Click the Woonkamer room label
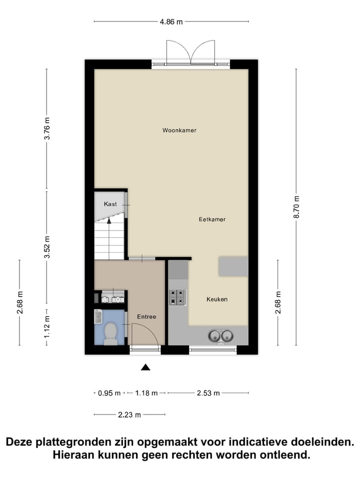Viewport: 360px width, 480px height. pyautogui.click(x=179, y=130)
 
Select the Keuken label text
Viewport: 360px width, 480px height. pyautogui.click(x=217, y=299)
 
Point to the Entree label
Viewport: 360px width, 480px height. pyautogui.click(x=146, y=317)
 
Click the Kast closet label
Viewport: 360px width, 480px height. pyautogui.click(x=110, y=204)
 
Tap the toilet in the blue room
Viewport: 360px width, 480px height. pyautogui.click(x=109, y=333)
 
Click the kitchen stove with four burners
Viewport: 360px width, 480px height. pyautogui.click(x=177, y=297)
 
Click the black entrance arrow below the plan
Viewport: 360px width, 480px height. pyautogui.click(x=145, y=367)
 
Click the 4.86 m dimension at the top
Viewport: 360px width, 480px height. pyautogui.click(x=171, y=21)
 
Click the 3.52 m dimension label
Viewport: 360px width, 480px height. pyautogui.click(x=47, y=247)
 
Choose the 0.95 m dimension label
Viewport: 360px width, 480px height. pyautogui.click(x=109, y=393)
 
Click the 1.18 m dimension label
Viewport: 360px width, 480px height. pyautogui.click(x=146, y=393)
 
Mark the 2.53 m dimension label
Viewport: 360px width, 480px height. pyautogui.click(x=208, y=393)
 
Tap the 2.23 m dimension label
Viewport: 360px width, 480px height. pyautogui.click(x=129, y=414)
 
